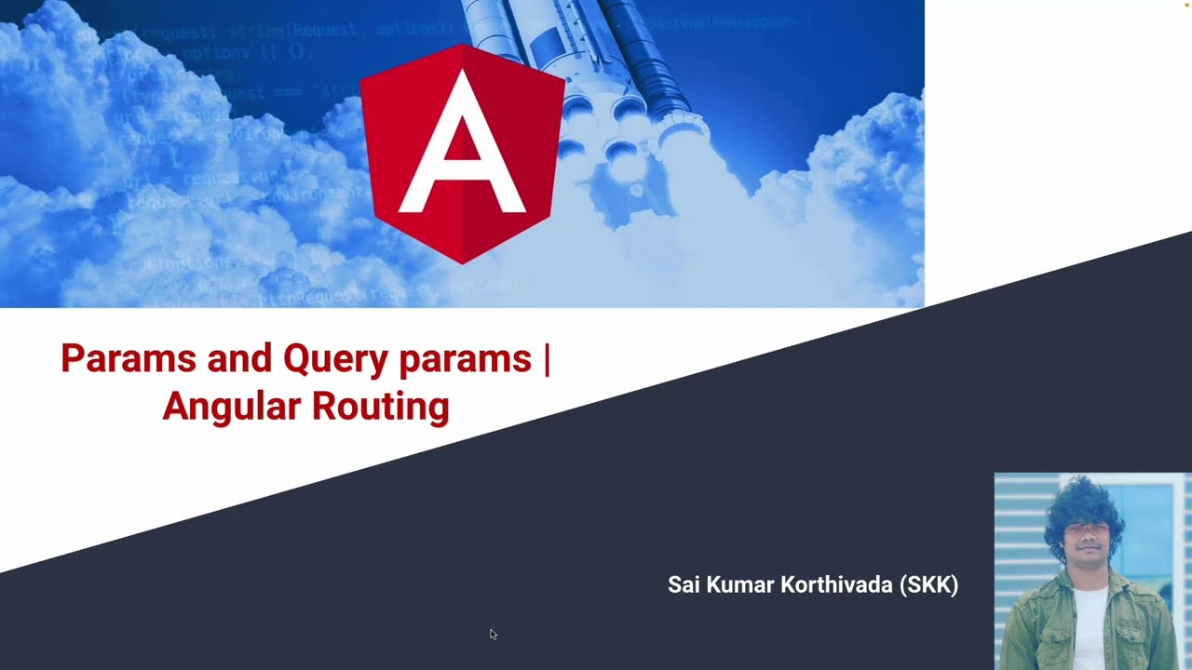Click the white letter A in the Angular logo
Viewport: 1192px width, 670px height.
(462, 149)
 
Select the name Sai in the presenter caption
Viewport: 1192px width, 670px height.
(684, 585)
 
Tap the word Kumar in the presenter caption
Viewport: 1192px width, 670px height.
(738, 585)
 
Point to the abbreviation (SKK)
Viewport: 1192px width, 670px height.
(928, 585)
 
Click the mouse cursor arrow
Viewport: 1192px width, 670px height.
(493, 635)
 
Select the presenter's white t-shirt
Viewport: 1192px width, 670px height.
(1090, 623)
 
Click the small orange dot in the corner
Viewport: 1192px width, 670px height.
(1186, 5)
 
